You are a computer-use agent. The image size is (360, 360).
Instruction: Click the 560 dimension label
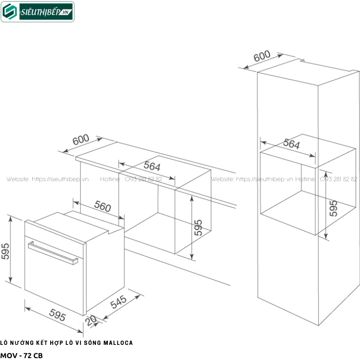click(102, 207)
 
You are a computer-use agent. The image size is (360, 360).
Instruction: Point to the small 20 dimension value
click(91, 321)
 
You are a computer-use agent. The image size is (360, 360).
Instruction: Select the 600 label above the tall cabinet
click(262, 57)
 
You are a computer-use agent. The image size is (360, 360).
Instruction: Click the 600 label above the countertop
click(81, 140)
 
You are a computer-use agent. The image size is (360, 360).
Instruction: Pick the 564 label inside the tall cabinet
click(291, 144)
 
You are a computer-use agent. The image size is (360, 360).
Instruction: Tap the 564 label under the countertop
click(152, 167)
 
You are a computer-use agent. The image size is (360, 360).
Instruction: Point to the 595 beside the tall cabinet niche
click(333, 208)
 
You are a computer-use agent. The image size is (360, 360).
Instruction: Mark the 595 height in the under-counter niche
click(199, 228)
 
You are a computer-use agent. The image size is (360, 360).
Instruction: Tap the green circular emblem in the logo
click(9, 12)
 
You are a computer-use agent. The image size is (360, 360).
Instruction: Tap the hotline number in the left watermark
click(142, 179)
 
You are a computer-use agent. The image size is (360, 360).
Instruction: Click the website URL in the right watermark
click(265, 179)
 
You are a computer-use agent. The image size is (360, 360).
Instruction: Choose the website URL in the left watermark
click(61, 179)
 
